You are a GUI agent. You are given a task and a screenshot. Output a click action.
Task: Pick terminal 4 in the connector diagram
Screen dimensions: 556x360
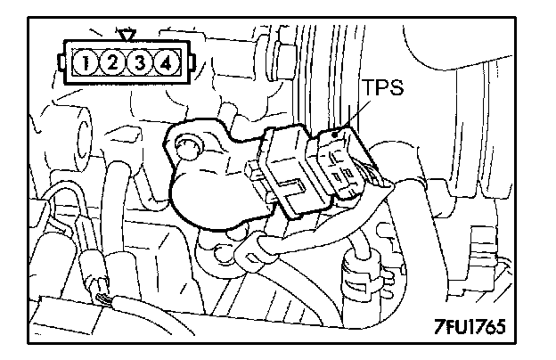click(x=165, y=63)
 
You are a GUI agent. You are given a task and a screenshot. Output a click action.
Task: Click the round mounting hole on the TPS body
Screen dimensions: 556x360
click(x=186, y=143)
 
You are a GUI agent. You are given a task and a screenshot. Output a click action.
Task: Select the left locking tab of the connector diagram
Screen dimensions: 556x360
click(x=61, y=63)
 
